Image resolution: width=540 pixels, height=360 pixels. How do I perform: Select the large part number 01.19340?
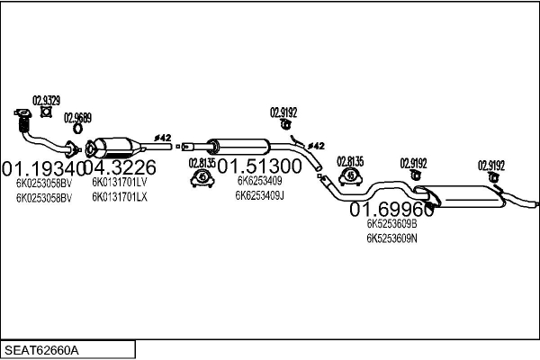pos(42,167)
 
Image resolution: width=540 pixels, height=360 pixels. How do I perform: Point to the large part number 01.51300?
pos(259,166)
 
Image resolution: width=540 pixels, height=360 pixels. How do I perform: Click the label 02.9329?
pos(47,100)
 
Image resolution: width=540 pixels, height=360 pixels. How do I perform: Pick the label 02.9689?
pos(77,118)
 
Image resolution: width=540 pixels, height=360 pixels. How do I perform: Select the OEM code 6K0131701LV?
pos(119,182)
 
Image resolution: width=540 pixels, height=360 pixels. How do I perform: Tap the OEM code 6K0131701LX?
pos(119,195)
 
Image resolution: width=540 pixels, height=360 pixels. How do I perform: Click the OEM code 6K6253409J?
pos(261,194)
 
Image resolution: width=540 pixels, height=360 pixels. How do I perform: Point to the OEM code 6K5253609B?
pos(391,224)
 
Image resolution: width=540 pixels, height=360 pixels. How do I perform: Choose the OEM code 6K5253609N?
pos(391,238)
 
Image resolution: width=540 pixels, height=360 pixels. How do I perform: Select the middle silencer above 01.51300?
pos(238,145)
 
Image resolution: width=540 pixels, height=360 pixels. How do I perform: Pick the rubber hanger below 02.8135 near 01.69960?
pos(350,176)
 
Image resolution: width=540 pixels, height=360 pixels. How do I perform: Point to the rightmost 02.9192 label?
pos(491,165)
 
